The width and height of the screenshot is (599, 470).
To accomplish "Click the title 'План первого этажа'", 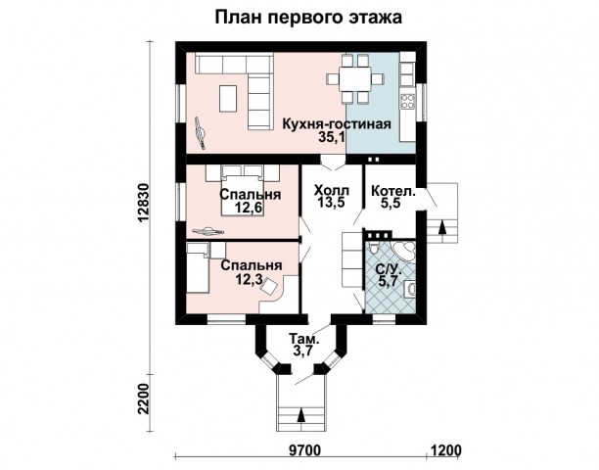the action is click(x=308, y=18).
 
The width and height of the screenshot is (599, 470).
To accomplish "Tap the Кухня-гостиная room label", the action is click(x=337, y=124).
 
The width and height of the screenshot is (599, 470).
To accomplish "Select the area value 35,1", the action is click(x=332, y=137).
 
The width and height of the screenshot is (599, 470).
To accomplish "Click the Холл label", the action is click(x=331, y=190).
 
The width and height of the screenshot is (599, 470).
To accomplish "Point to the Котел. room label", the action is click(x=393, y=190).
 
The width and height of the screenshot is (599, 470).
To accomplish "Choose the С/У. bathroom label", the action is click(x=389, y=269).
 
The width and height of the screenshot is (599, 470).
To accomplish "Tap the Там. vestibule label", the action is click(x=304, y=339).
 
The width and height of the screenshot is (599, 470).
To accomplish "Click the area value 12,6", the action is click(x=250, y=208).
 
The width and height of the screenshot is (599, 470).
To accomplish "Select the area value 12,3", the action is click(x=249, y=279).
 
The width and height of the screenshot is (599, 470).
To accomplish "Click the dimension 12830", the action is click(x=144, y=203).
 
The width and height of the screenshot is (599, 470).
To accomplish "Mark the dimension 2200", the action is click(x=144, y=399).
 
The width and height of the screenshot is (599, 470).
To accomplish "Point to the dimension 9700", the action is click(x=305, y=450).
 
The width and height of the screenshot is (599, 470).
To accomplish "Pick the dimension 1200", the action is click(x=446, y=450).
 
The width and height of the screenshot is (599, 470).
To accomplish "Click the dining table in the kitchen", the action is click(x=355, y=79).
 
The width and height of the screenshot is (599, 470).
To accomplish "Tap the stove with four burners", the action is click(x=407, y=101).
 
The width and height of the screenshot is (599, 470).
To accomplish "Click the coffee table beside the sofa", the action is click(x=229, y=98).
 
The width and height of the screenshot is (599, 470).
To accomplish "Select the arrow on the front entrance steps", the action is click(x=301, y=414).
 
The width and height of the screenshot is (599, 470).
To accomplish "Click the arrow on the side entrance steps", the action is click(x=442, y=227).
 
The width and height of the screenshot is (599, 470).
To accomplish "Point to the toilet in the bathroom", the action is click(x=373, y=248).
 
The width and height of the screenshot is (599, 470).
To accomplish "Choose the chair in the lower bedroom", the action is click(x=270, y=286).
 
